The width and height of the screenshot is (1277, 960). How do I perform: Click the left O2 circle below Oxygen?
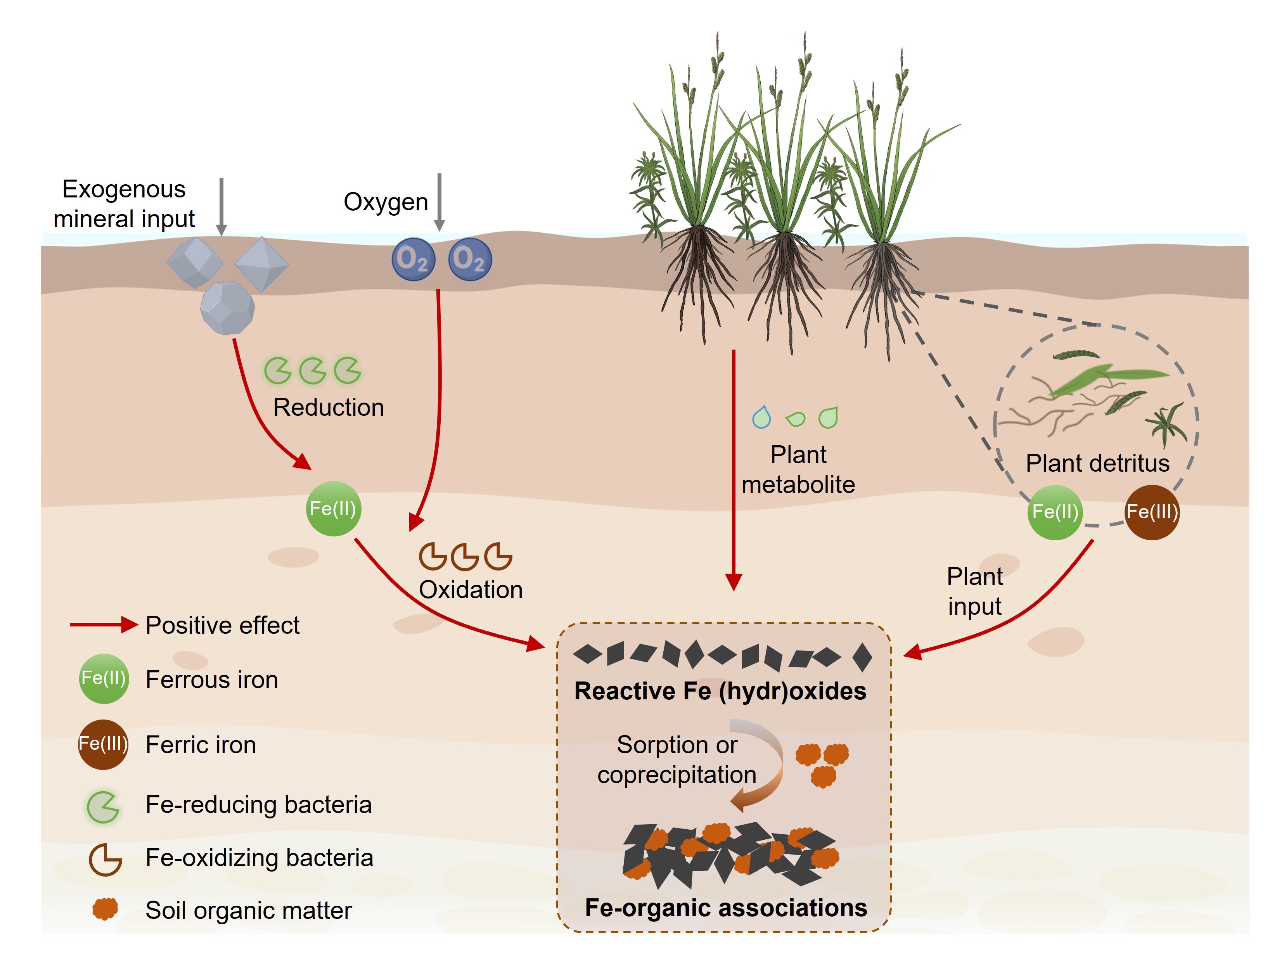point(413,259)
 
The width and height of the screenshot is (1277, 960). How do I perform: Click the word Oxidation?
point(471,590)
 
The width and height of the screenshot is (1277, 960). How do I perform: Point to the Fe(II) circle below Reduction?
point(333,509)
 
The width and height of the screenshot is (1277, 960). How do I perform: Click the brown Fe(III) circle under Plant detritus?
point(1152,512)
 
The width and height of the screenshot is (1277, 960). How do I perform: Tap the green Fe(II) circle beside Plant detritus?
point(1055,512)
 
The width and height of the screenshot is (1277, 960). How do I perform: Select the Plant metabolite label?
point(798,470)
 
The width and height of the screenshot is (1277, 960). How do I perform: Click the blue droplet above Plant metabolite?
point(761,417)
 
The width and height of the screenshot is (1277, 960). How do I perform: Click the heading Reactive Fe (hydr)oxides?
point(720,691)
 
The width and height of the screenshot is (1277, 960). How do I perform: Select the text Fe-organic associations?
point(726,908)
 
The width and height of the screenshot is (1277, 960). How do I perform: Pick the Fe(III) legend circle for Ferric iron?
point(103,744)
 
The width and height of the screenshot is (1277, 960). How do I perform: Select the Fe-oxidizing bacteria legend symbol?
point(104,860)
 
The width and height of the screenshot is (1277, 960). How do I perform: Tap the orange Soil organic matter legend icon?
point(105,909)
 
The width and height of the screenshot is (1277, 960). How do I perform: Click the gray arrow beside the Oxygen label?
point(440,202)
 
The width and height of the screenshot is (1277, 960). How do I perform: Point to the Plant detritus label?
point(1097,464)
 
